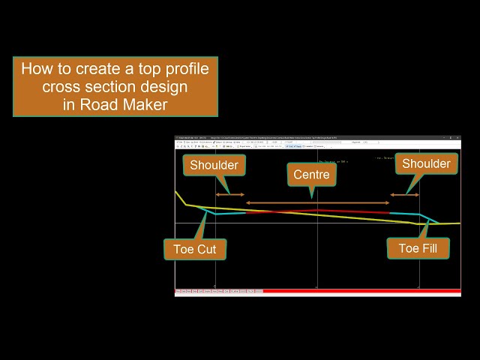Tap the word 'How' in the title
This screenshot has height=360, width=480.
tap(37, 69)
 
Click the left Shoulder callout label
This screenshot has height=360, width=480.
tap(214, 165)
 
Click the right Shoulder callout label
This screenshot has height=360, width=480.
tap(426, 163)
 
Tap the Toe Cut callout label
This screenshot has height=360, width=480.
tap(195, 249)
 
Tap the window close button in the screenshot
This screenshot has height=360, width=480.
tap(457, 138)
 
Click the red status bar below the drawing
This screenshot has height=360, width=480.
tap(360, 291)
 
